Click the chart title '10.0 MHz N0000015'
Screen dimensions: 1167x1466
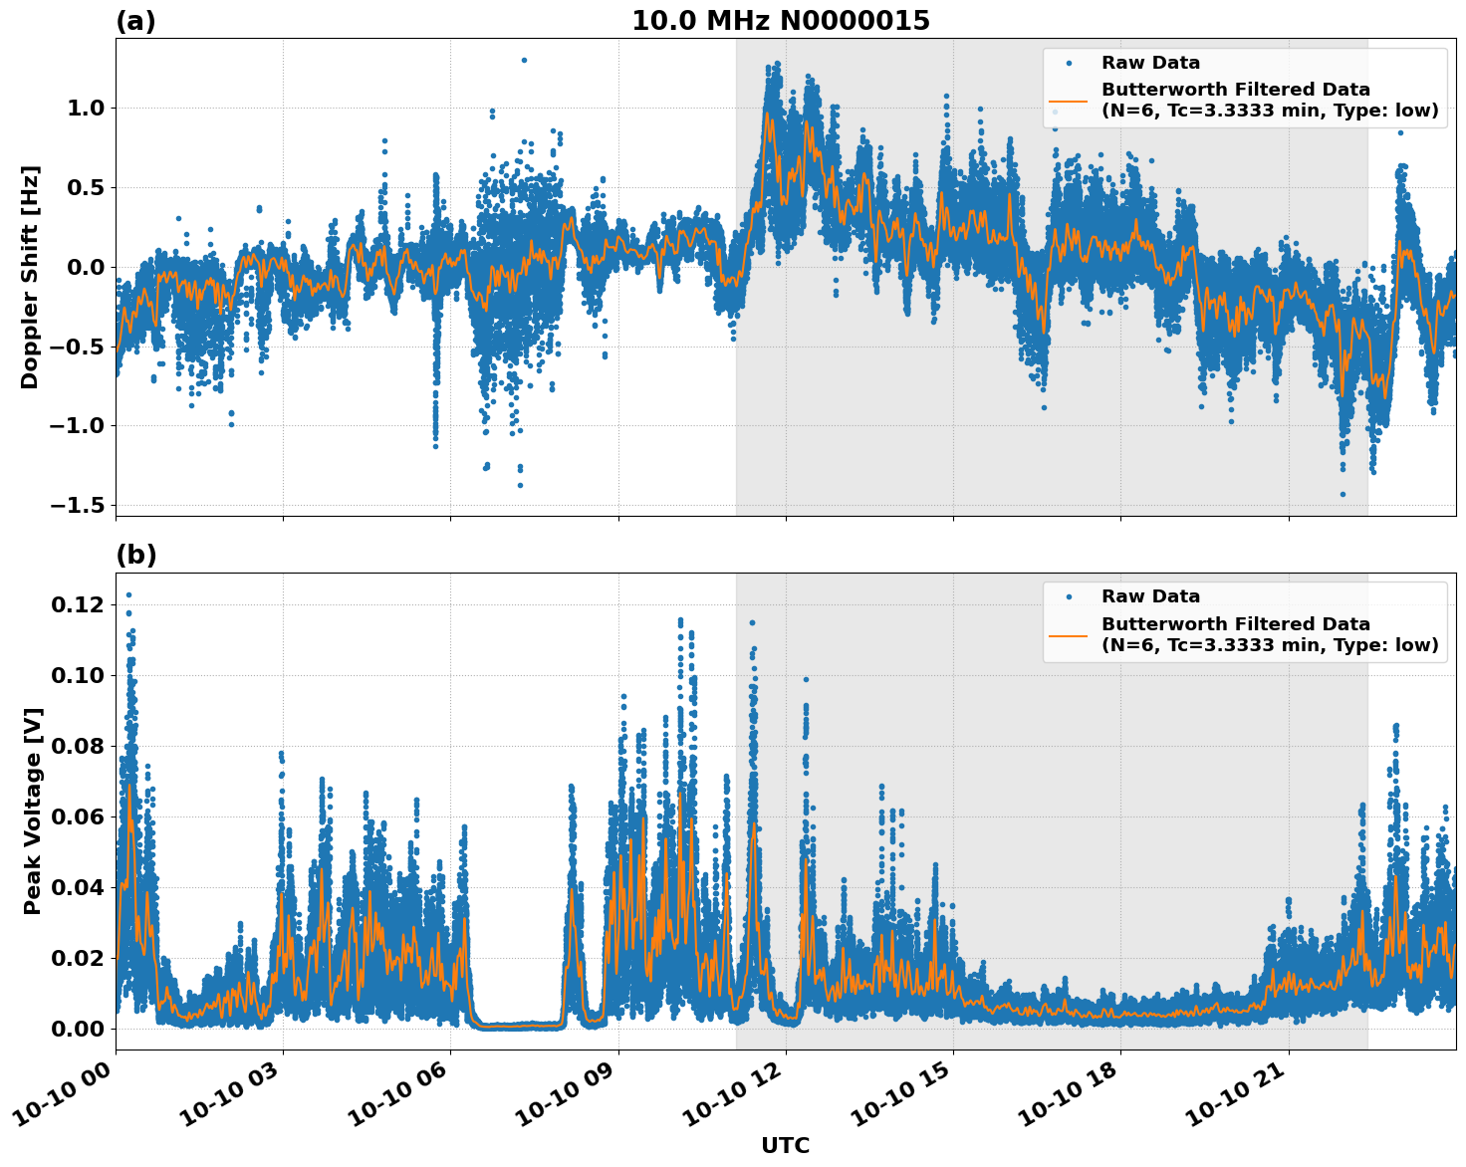point(780,21)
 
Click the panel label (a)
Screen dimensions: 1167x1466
point(135,21)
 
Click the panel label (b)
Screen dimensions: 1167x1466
point(135,555)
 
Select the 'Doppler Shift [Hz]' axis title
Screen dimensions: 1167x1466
point(30,277)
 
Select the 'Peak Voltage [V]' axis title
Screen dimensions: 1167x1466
point(33,811)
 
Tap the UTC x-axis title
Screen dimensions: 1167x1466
point(785,1145)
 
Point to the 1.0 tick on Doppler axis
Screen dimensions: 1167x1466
point(85,108)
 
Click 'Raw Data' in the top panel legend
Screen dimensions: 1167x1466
point(1150,63)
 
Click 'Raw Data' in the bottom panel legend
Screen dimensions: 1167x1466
point(1150,596)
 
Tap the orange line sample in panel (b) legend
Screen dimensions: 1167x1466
point(1069,634)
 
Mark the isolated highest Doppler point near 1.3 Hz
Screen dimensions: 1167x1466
point(524,60)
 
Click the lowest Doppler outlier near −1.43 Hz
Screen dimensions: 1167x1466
point(1343,494)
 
